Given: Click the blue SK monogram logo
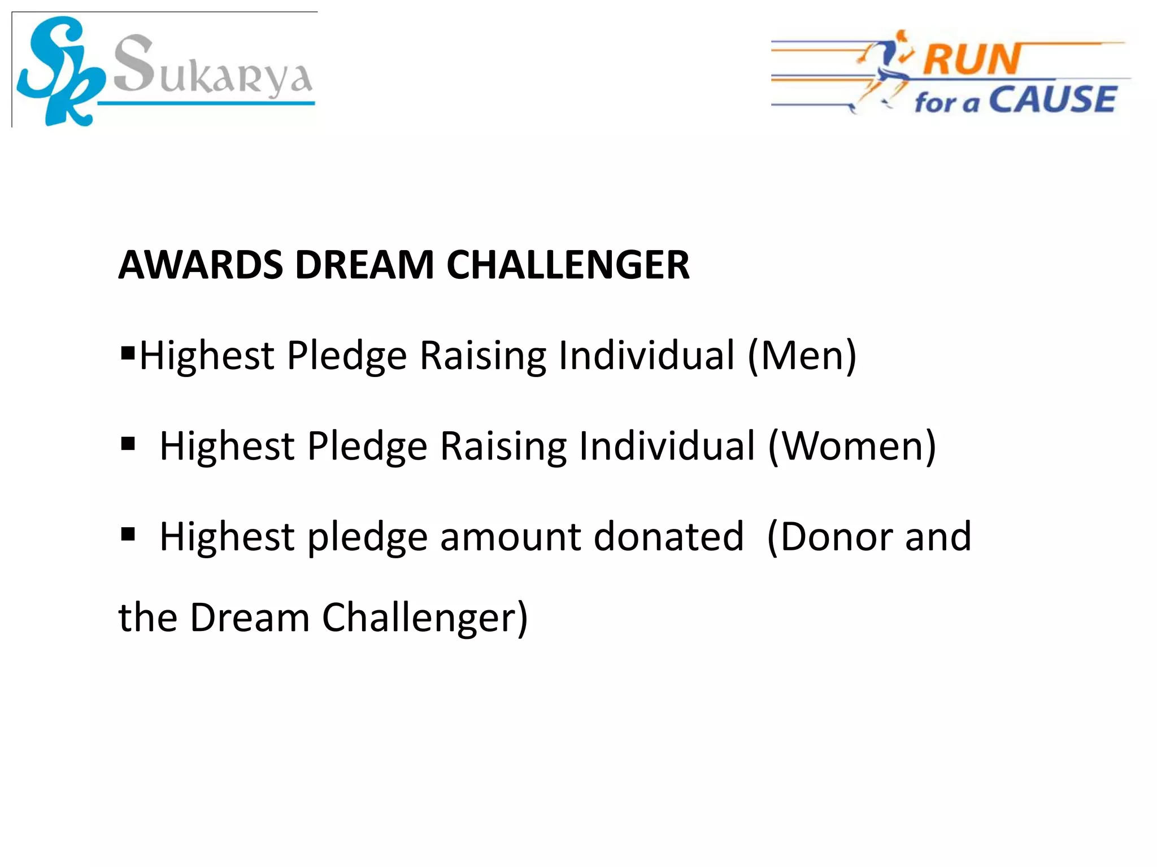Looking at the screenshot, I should click(59, 71).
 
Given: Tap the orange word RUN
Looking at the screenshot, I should click(972, 59).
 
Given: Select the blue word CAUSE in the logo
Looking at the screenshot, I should click(1052, 100).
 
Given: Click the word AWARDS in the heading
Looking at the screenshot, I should click(201, 265).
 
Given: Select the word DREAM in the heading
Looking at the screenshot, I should click(364, 265).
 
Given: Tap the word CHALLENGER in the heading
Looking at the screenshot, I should click(568, 265).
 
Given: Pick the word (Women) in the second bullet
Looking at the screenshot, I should click(852, 446).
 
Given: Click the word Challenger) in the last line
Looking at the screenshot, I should click(425, 618).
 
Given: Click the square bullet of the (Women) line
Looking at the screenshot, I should click(128, 444).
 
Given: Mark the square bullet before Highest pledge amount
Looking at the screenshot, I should click(128, 533).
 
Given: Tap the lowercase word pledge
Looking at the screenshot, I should click(367, 537).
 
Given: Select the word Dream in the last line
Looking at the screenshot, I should click(250, 618).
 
